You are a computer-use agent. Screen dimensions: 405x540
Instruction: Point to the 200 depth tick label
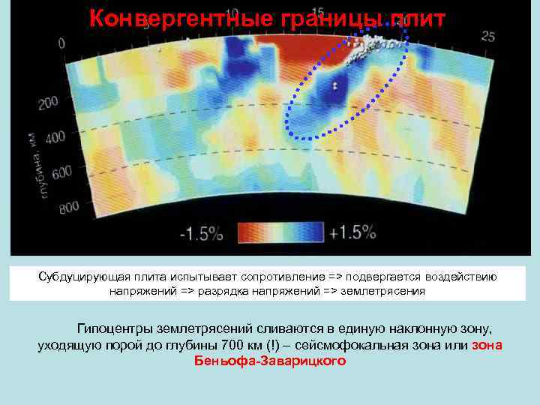coord(48,103)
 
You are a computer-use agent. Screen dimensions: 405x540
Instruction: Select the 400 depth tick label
coord(55,138)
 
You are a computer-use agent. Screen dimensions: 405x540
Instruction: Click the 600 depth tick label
coord(61,172)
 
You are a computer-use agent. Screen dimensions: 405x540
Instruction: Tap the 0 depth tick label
coord(61,43)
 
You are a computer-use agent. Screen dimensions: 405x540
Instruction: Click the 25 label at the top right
coord(488,36)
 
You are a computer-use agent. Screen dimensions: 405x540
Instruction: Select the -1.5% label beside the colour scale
coord(202,233)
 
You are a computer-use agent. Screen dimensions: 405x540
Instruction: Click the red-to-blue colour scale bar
coord(280,232)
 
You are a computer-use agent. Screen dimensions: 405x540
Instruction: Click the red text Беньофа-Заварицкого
coord(270,361)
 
